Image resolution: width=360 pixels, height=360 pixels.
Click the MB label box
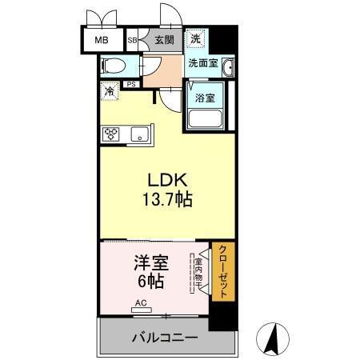pos(102,39)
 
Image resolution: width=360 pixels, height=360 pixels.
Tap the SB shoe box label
pos(133,39)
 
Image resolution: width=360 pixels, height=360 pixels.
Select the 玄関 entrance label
pos(163,39)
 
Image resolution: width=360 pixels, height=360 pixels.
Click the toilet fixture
pos(113,65)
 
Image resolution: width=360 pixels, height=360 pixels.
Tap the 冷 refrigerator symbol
pos(108,91)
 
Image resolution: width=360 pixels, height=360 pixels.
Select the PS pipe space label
pos(130,84)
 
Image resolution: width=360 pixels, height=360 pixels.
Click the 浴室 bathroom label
pos(205,98)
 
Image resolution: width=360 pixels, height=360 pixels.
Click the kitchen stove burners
pos(110,134)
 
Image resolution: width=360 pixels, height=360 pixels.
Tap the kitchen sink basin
pos(140,134)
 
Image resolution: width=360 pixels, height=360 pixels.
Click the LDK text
pos(166,181)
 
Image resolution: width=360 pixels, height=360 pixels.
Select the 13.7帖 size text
pos(166,199)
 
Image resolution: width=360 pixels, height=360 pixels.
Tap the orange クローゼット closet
pos(222,271)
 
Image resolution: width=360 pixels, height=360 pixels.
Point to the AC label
pos(141,303)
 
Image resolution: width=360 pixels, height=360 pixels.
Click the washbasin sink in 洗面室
pos(228,67)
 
